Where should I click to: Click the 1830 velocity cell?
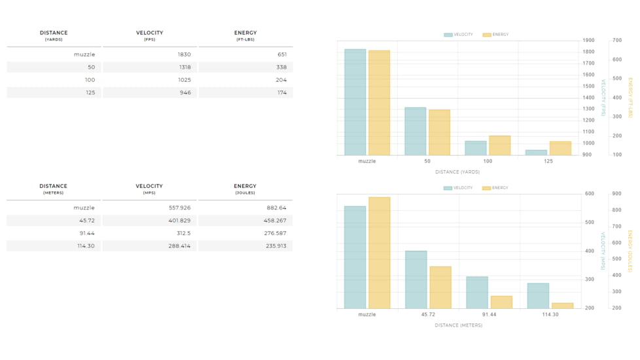(x=184, y=54)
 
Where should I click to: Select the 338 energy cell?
(x=281, y=67)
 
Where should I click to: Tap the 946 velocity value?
(x=185, y=93)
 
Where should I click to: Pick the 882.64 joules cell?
(x=276, y=207)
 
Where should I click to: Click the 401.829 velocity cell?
(x=179, y=221)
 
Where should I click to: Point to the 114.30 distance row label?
(x=86, y=245)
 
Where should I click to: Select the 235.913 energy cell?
(x=276, y=245)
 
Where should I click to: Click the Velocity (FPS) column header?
(x=149, y=35)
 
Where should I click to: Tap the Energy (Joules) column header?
(x=245, y=189)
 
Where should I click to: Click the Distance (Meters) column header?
(x=54, y=189)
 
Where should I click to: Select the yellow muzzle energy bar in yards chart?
(x=379, y=103)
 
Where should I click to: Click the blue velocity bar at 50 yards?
(x=415, y=132)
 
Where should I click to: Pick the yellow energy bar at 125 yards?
(x=560, y=149)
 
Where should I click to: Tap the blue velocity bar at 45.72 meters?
(x=416, y=279)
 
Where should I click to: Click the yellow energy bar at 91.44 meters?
(x=501, y=302)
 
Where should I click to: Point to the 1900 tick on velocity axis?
(x=588, y=41)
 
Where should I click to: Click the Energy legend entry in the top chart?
(x=495, y=35)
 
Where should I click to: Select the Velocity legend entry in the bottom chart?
(x=458, y=188)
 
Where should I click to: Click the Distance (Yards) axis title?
(x=457, y=172)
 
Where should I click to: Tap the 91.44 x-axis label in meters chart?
(x=489, y=315)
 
